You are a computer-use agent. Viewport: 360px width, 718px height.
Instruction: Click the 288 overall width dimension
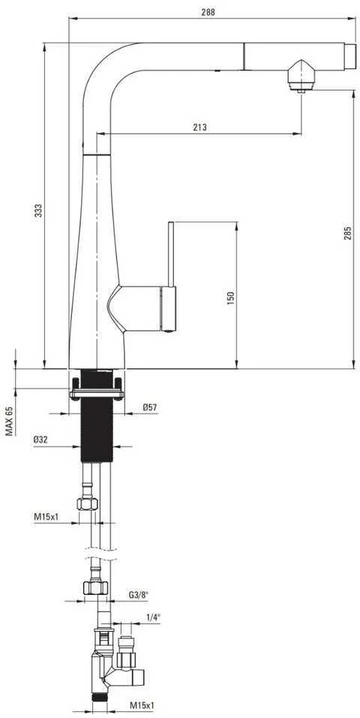coord(208,12)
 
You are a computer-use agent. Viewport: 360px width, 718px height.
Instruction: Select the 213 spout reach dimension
coord(199,128)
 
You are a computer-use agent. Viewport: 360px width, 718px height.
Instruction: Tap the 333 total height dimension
coord(39,210)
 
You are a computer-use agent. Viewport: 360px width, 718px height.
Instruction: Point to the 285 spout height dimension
coord(348,233)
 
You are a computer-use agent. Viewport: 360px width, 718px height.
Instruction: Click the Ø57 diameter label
coord(150,406)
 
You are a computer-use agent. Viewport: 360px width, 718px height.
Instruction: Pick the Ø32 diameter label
coord(41,439)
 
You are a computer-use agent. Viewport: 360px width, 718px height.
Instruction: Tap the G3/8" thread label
coord(138,595)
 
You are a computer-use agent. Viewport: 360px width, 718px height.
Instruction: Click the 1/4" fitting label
coord(153,617)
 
